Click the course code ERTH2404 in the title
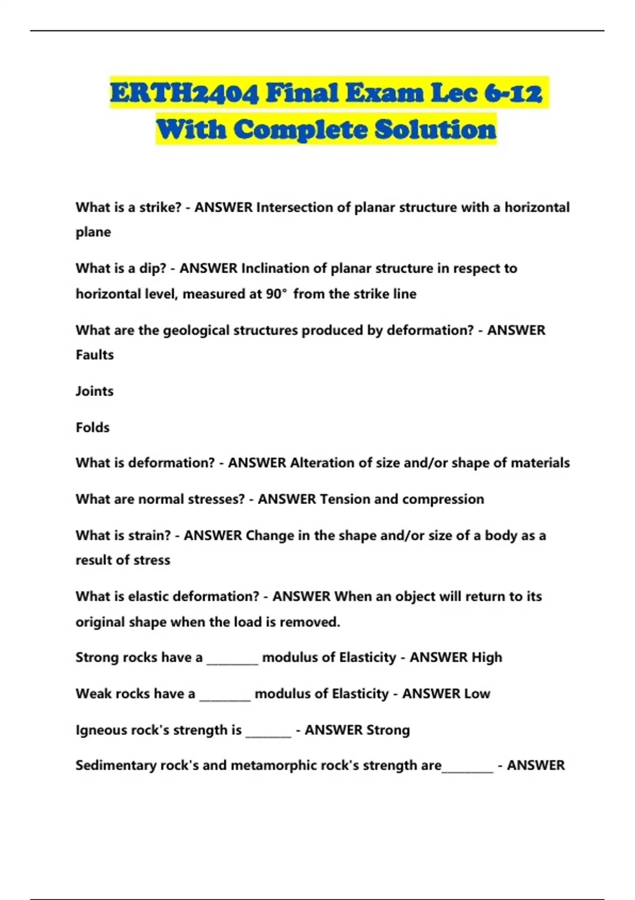pos(185,94)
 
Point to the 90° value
pos(276,294)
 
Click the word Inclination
pos(275,268)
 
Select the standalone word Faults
pos(95,355)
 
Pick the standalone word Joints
pos(95,391)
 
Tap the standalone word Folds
pos(93,427)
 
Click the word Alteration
pos(322,463)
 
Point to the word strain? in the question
pos(149,536)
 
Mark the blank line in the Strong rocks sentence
pos(232,662)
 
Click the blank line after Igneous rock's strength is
pos(268,734)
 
